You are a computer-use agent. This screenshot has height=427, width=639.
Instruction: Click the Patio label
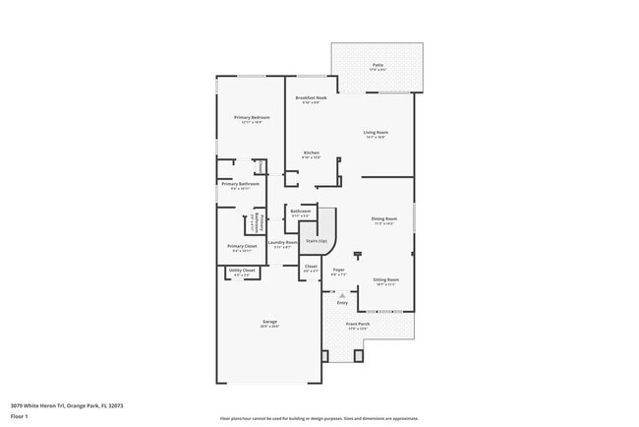click(378, 65)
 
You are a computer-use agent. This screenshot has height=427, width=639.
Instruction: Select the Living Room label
click(376, 132)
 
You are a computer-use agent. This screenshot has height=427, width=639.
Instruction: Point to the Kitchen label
click(311, 152)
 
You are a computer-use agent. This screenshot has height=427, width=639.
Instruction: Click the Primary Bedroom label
click(252, 117)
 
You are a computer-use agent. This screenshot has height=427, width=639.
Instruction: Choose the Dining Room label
click(383, 218)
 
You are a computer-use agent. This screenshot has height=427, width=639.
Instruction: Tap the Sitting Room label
click(385, 279)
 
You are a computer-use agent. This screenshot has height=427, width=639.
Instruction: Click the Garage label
click(269, 323)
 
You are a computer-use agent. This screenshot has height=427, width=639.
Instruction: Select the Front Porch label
click(358, 324)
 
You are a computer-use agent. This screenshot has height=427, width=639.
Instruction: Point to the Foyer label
click(338, 270)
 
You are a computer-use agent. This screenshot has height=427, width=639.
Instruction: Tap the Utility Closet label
click(242, 270)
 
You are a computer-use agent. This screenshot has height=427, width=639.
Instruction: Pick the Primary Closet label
click(242, 246)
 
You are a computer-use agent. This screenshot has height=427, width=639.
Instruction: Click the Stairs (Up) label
click(317, 239)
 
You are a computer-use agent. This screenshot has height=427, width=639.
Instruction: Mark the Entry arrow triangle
click(342, 294)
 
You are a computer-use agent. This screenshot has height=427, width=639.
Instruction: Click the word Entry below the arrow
click(342, 302)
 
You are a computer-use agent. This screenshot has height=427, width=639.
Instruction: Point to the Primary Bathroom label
click(240, 184)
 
